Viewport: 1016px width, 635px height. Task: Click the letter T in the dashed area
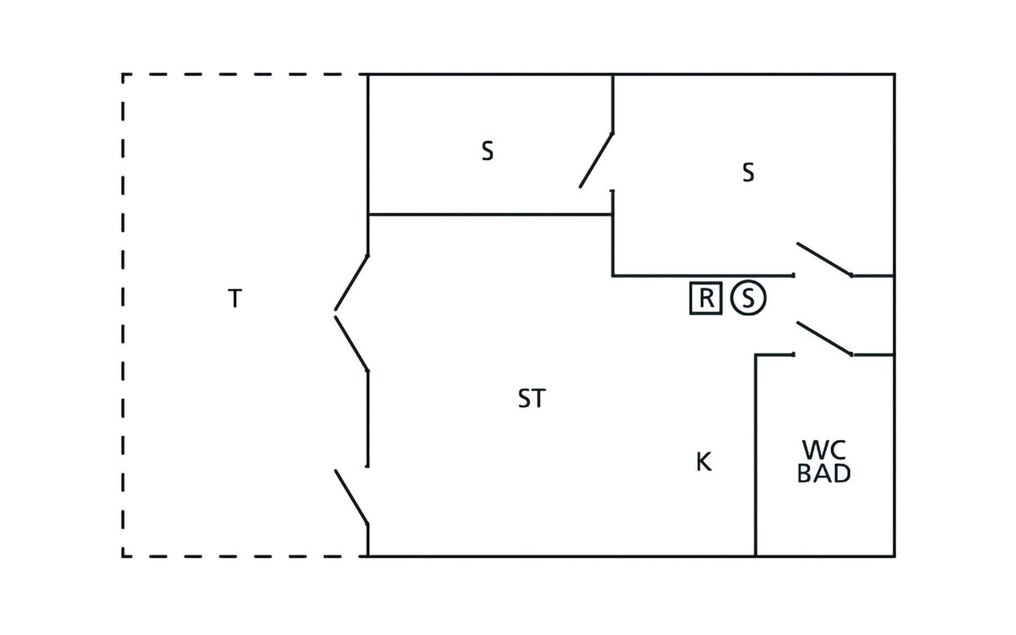click(235, 298)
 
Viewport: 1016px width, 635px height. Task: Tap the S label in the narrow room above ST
click(487, 151)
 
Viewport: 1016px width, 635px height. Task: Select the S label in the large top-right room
click(748, 173)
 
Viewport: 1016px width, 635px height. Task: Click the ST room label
click(532, 399)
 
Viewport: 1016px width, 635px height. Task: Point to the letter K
click(704, 462)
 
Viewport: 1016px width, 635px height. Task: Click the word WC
click(824, 450)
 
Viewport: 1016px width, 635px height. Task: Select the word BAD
click(824, 474)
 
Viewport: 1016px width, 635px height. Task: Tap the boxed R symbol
click(706, 298)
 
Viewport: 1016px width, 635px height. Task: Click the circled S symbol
click(748, 298)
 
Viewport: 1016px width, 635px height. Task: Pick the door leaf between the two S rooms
click(596, 160)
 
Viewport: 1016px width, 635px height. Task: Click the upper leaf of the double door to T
click(351, 283)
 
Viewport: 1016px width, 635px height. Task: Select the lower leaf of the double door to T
click(351, 344)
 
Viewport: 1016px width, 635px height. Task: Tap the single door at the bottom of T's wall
click(351, 497)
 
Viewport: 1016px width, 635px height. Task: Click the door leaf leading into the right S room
click(824, 259)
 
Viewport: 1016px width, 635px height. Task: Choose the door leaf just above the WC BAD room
click(824, 338)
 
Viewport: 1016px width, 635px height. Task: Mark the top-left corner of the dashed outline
click(123, 75)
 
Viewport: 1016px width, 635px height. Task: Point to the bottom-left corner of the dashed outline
click(123, 556)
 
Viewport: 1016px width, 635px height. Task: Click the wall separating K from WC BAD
click(756, 456)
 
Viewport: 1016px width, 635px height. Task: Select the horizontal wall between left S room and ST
click(491, 214)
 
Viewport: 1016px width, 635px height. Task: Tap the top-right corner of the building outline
click(895, 74)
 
